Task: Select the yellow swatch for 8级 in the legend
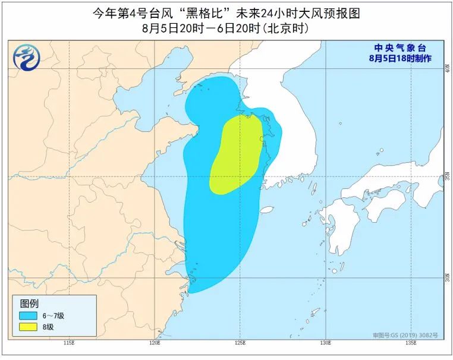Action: [28, 327]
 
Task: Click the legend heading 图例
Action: [29, 304]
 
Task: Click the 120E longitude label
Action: [155, 343]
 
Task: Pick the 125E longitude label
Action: [240, 343]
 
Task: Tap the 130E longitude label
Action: [325, 343]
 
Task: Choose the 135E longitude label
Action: [410, 343]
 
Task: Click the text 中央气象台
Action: [400, 48]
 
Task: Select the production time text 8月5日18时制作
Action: [400, 58]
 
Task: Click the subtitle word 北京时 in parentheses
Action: [290, 27]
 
